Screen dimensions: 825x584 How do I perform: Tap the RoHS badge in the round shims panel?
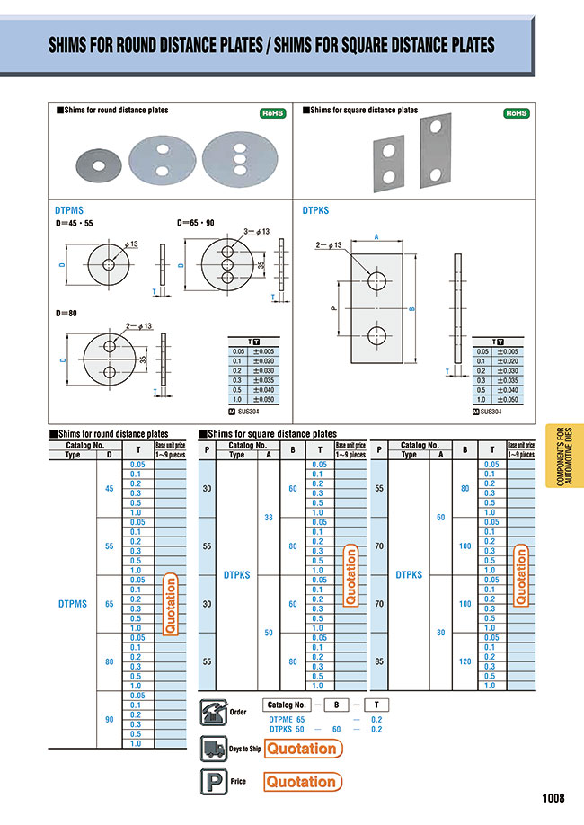coord(273,113)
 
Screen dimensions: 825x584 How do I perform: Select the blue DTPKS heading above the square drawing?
coord(316,210)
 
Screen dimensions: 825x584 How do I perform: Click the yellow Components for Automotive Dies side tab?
coord(562,457)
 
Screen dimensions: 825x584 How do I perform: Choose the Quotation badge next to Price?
coord(303,782)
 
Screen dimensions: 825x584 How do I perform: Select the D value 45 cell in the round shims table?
coord(109,489)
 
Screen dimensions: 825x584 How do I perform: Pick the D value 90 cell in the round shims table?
coord(109,720)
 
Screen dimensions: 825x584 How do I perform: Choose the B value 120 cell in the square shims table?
coord(465,661)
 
